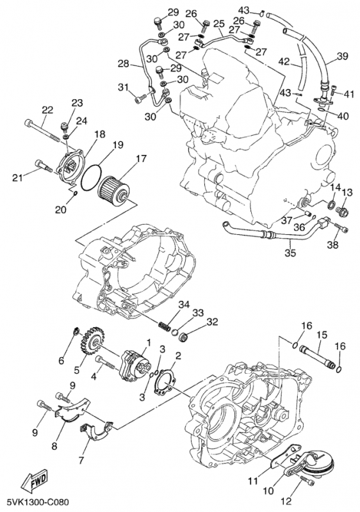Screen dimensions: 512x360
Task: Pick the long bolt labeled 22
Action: [45, 130]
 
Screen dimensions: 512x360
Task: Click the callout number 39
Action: [342, 57]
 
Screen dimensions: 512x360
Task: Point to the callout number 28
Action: [123, 65]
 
